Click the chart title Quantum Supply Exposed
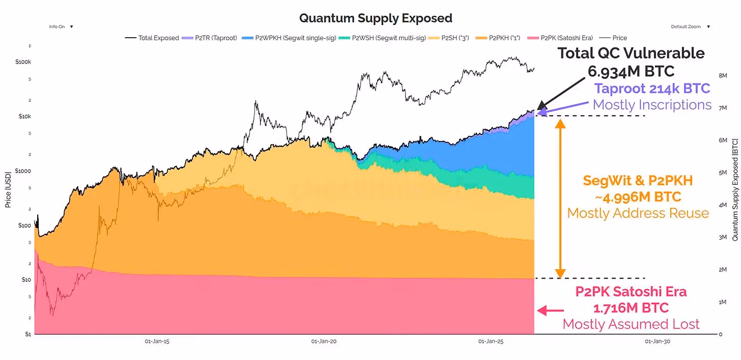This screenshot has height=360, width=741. pyautogui.click(x=376, y=18)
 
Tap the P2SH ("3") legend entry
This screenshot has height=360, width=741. pyautogui.click(x=457, y=38)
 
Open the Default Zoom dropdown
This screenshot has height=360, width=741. pyautogui.click(x=690, y=26)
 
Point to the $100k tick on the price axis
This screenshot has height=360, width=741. pyautogui.click(x=23, y=62)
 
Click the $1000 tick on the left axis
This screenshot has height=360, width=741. pyautogui.click(x=23, y=171)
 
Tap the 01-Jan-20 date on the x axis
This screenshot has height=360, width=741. pyautogui.click(x=324, y=342)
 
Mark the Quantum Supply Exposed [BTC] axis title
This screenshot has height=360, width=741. pyautogui.click(x=734, y=189)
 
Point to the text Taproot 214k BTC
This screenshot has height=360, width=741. pyautogui.click(x=652, y=89)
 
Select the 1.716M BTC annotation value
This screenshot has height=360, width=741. pyautogui.click(x=631, y=308)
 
